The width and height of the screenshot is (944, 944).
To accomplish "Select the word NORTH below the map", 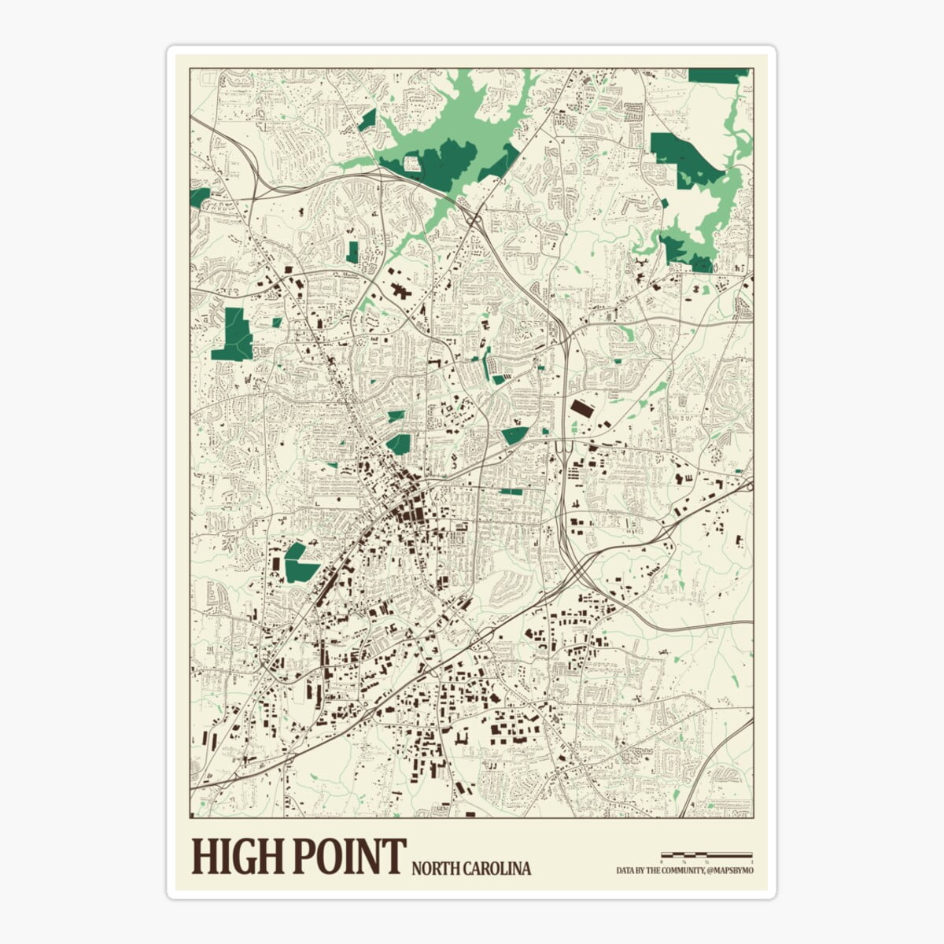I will pos(435,869).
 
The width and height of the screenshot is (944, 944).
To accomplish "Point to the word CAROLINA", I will pos(496,869).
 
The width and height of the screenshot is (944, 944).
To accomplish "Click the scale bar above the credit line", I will pos(706,854).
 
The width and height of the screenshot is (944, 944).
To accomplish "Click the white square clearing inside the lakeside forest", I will pos(411,163).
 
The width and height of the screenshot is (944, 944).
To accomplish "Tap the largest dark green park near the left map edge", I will pos(233,334).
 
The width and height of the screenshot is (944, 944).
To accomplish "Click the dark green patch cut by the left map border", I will pos(199,197).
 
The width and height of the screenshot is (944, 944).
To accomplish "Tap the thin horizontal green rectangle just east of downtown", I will pos(510,492).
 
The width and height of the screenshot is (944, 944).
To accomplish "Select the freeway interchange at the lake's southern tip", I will pos(474,216).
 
